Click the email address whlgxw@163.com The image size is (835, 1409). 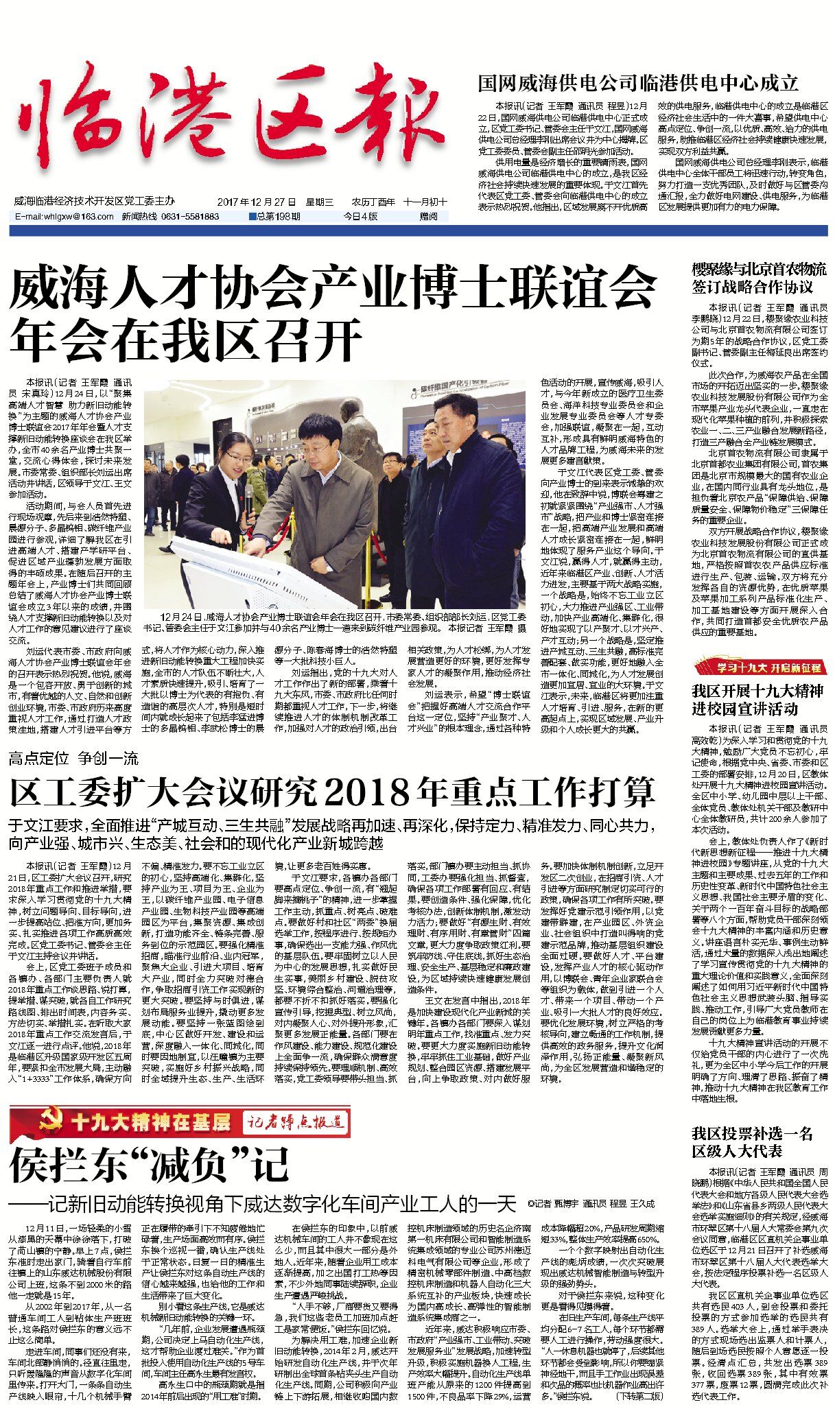click(x=65, y=217)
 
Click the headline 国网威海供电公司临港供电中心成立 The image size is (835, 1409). click(x=638, y=84)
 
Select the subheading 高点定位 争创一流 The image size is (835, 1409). click(x=74, y=758)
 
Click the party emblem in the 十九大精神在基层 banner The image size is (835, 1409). click(x=46, y=1123)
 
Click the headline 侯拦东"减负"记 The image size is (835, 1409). click(x=150, y=1165)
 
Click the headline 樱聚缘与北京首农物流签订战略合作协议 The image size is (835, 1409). click(x=759, y=278)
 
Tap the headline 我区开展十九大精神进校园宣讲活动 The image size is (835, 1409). click(x=757, y=699)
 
